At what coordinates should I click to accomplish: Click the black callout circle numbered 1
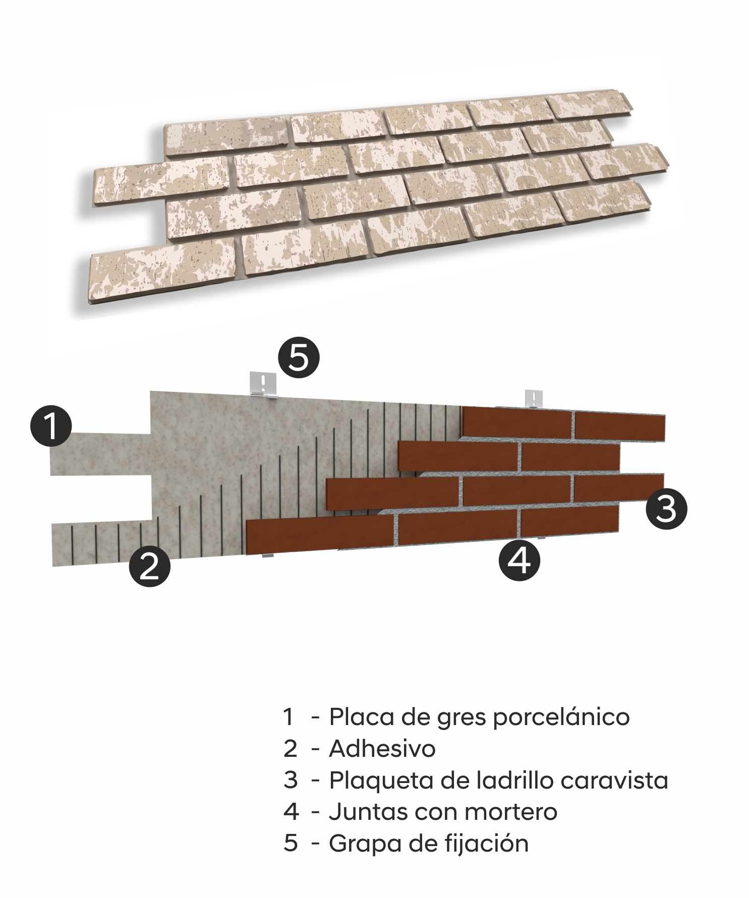51,426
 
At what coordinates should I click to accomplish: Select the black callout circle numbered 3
666,508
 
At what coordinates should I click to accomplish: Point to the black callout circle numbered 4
520,560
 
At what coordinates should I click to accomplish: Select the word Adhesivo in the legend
382,749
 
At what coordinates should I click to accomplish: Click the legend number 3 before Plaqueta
291,780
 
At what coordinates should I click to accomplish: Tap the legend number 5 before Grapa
291,843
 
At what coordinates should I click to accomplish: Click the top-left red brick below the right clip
517,423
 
